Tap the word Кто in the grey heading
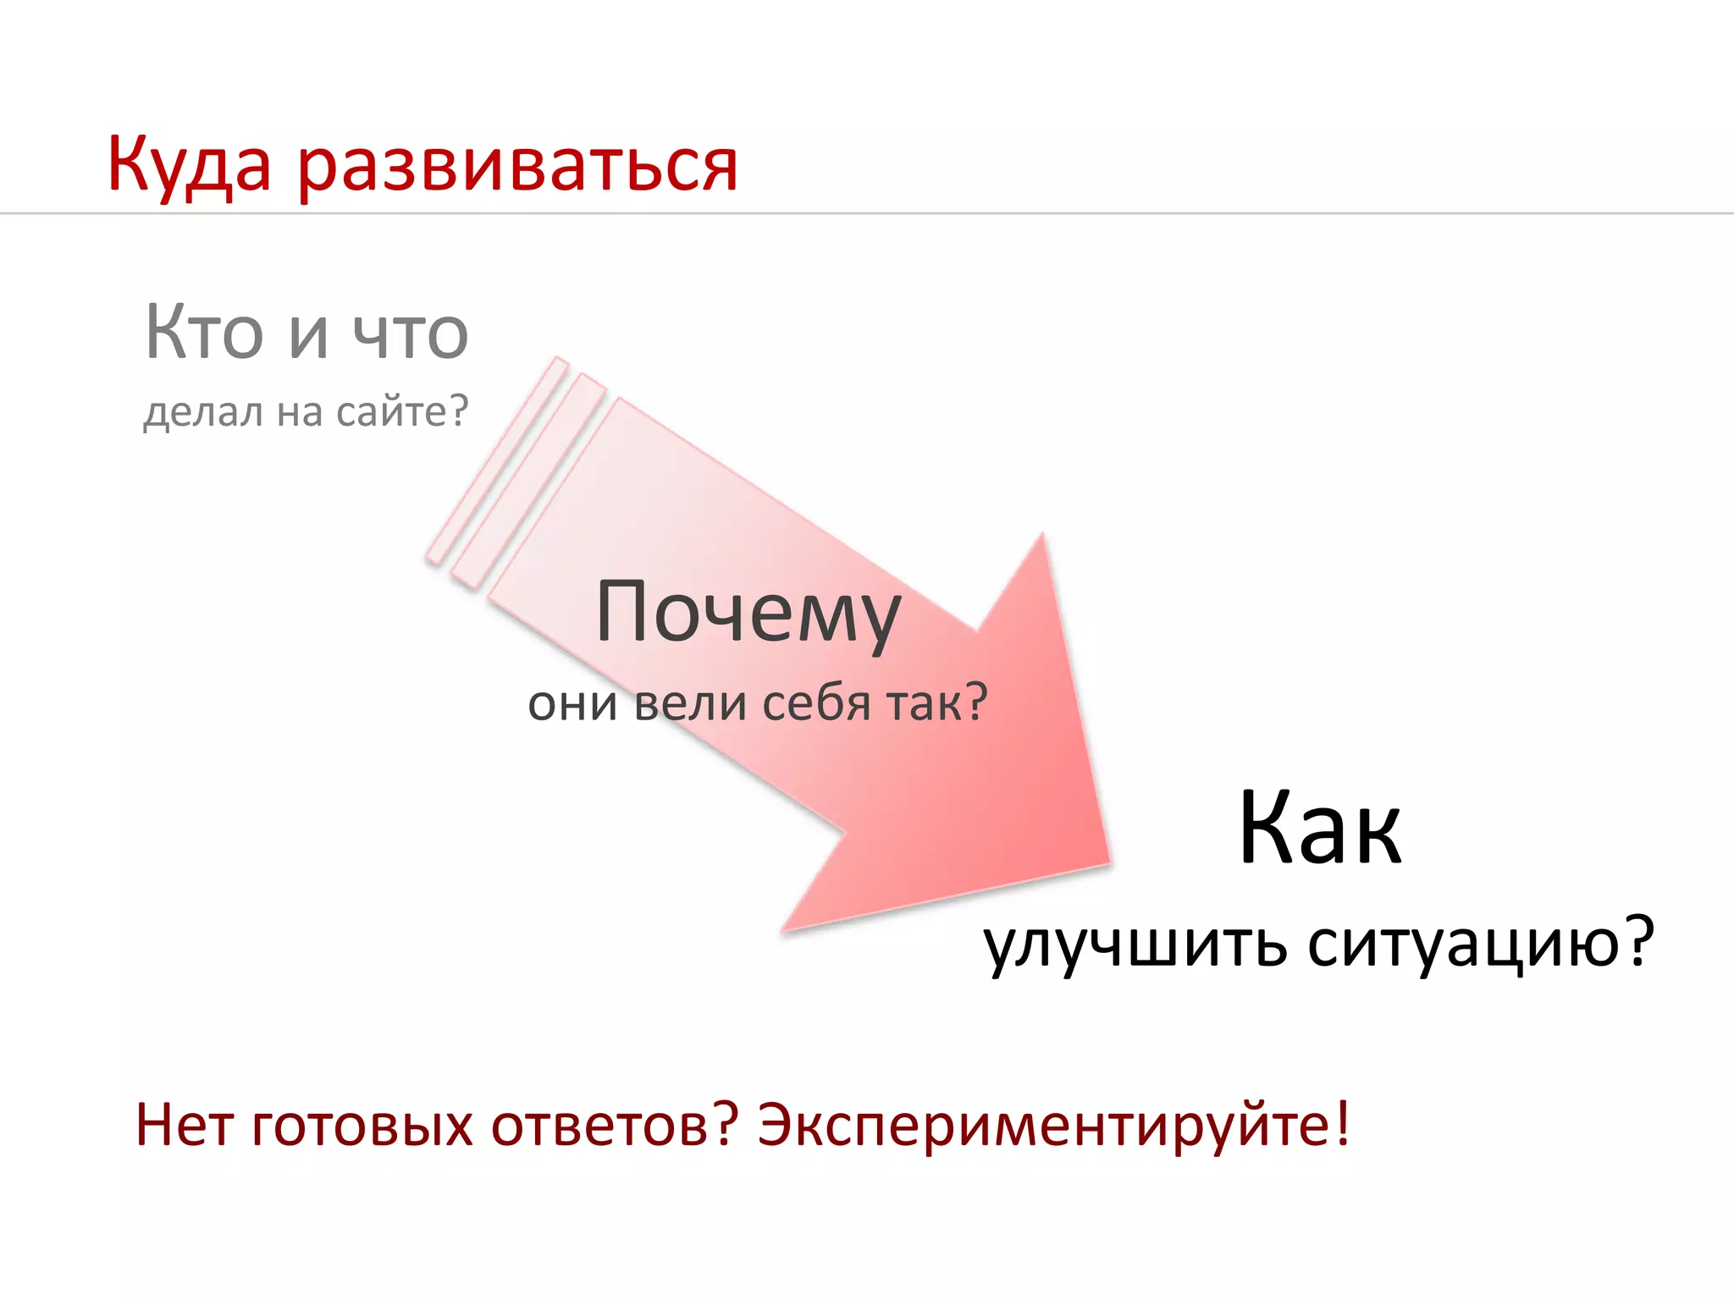[204, 333]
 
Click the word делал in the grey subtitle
[203, 412]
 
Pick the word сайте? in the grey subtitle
[401, 412]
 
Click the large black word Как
[1319, 829]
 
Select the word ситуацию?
[1480, 944]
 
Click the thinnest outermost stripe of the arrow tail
[496, 461]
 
